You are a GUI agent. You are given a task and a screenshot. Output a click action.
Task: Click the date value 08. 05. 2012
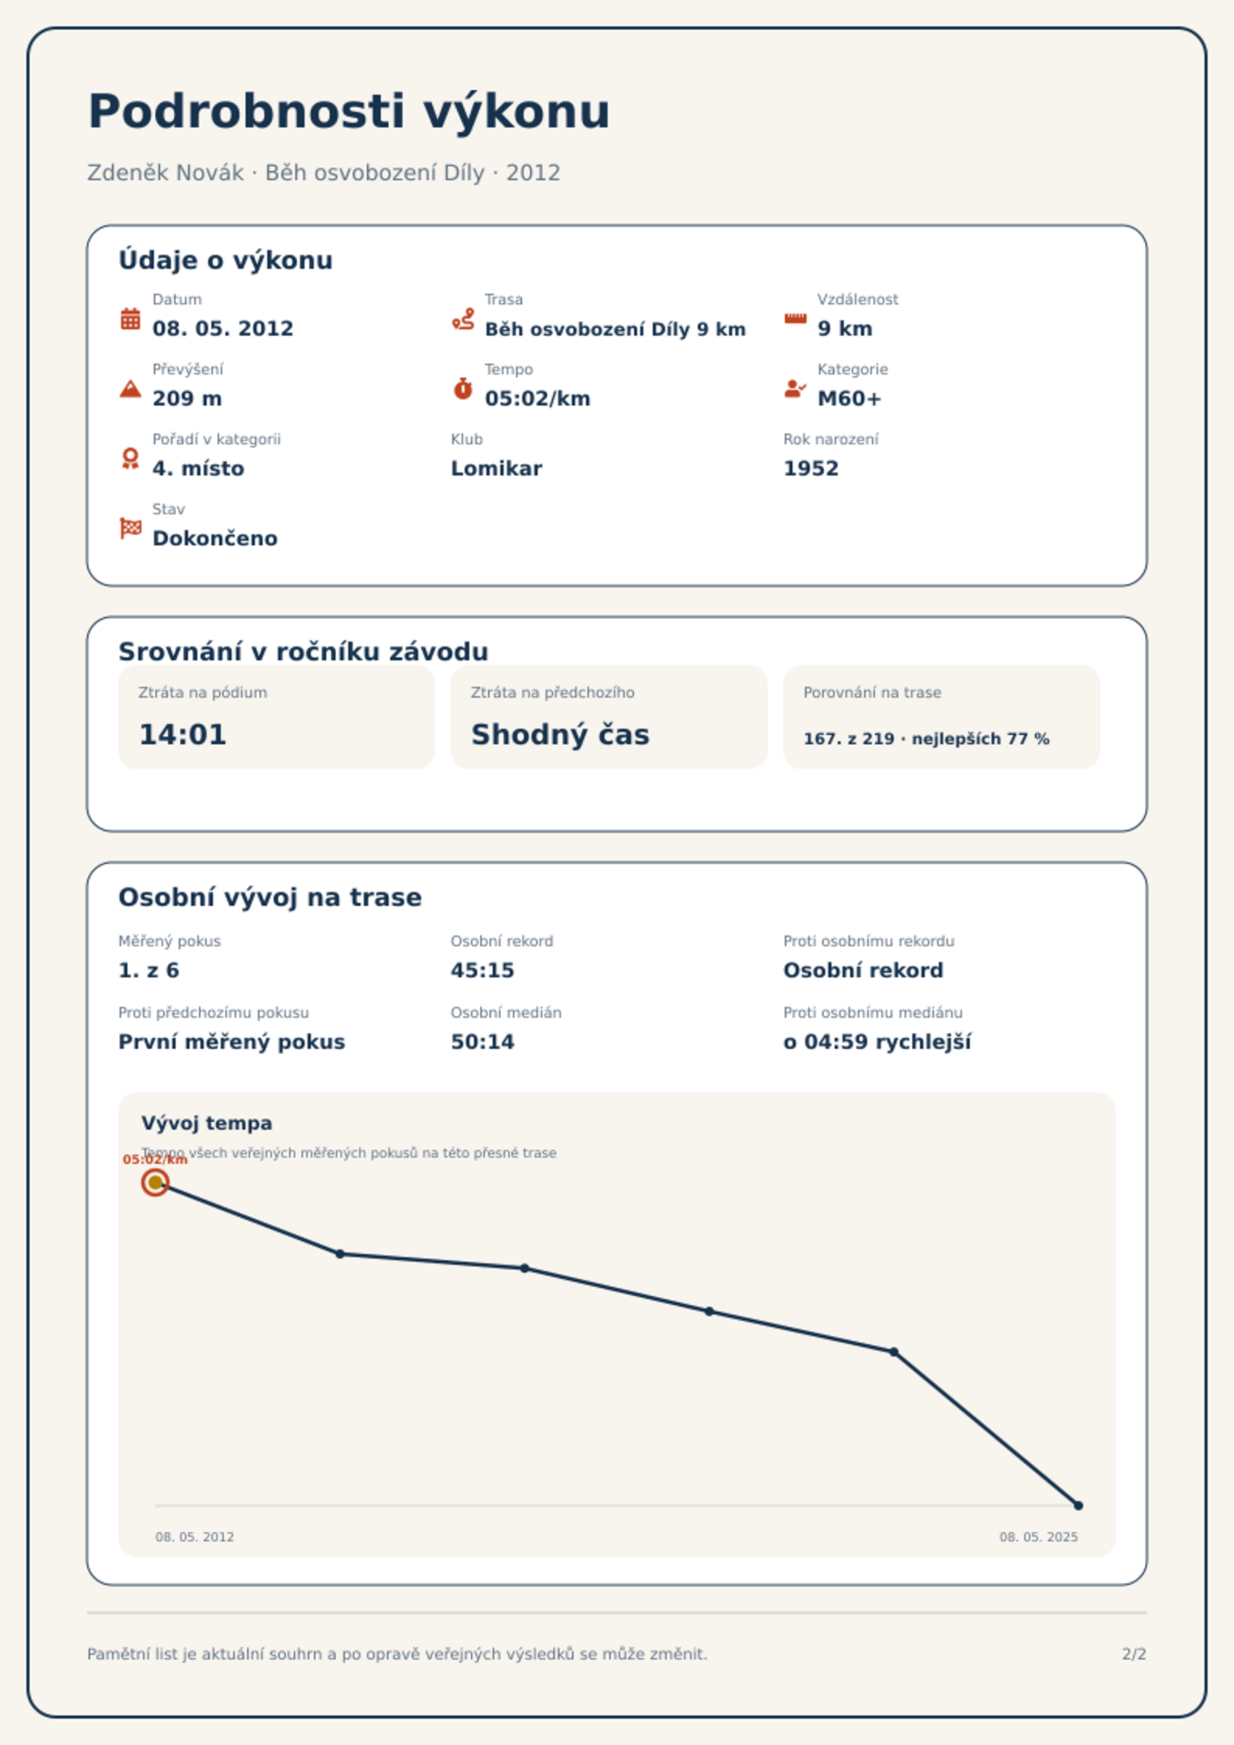tap(223, 329)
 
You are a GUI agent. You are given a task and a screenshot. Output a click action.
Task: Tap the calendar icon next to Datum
tap(131, 319)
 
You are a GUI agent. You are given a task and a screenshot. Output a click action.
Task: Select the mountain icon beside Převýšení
tap(131, 388)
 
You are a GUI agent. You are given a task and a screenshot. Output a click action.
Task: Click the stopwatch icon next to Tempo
tap(463, 388)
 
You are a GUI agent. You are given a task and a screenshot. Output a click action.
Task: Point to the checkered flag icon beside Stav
tap(131, 528)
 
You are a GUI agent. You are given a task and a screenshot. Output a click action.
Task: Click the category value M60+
tap(849, 399)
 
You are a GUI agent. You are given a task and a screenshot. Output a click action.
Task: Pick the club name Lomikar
tap(497, 468)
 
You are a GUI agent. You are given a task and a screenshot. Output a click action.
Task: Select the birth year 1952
tap(811, 468)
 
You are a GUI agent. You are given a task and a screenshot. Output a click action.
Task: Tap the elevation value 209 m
tap(187, 399)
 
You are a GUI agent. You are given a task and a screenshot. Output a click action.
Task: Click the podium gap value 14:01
tap(183, 734)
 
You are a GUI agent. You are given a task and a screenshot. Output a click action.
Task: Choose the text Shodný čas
tap(560, 734)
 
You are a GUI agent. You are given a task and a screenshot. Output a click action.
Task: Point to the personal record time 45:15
tap(483, 970)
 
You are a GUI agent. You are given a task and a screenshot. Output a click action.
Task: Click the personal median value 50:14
tap(483, 1042)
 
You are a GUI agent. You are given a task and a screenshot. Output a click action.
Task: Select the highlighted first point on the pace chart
tap(155, 1182)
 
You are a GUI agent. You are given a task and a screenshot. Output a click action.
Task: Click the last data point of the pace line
tap(1079, 1506)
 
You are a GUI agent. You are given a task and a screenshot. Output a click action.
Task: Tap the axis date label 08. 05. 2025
tap(1038, 1537)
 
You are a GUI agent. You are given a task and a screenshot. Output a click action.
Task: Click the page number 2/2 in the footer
tap(1134, 1654)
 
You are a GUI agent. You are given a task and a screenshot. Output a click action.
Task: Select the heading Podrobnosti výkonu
tap(349, 111)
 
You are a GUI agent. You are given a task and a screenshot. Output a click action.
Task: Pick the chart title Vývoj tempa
tap(207, 1123)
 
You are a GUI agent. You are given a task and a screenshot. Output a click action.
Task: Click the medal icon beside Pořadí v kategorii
tap(131, 458)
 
